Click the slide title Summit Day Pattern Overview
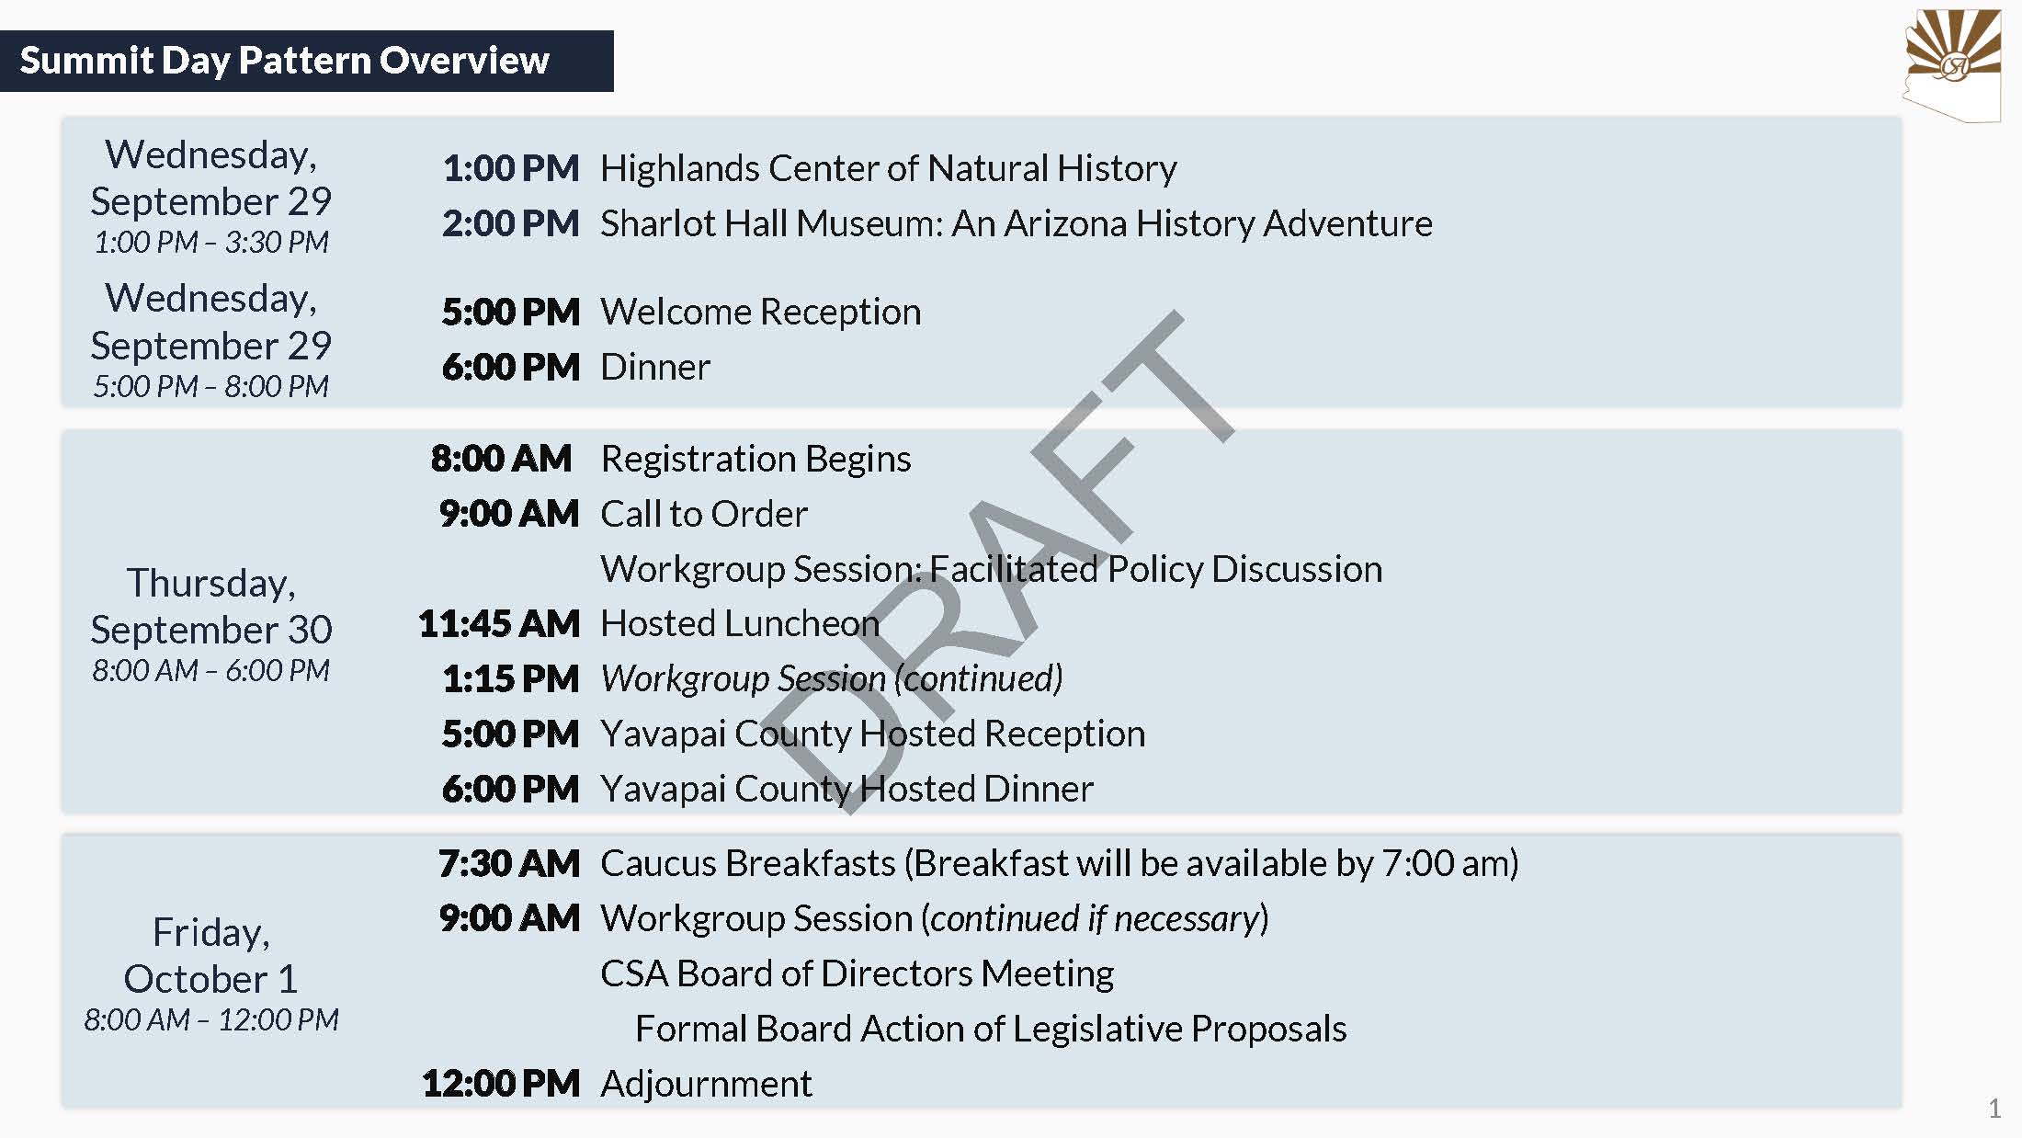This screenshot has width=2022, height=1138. point(284,61)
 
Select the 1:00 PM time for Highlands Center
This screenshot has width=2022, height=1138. point(511,168)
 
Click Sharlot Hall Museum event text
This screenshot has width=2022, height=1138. point(1017,223)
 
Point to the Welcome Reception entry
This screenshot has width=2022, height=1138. point(761,313)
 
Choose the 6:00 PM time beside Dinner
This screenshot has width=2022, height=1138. point(511,368)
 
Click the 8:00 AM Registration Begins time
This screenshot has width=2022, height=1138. point(502,459)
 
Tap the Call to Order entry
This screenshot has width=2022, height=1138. point(704,514)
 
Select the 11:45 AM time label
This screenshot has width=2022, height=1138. point(500,624)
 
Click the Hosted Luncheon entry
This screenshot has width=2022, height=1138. point(740,623)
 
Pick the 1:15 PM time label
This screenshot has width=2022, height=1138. point(511,679)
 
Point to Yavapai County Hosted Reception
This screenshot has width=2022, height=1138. point(873,734)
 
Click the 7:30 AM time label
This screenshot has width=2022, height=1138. point(510,864)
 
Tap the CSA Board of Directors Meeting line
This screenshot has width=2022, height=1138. point(858,973)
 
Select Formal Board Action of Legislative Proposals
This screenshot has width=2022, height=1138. point(991,1030)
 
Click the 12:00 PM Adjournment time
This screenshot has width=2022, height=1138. point(502,1084)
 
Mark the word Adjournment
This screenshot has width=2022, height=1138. point(707,1085)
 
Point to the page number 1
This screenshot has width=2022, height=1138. point(1994,1109)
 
